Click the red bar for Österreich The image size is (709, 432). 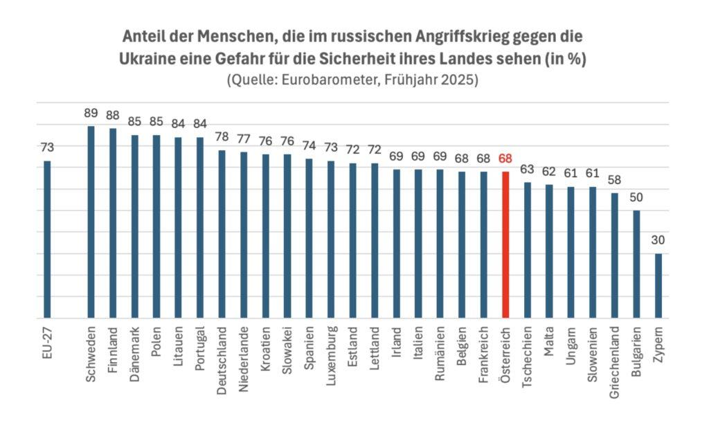coord(505,245)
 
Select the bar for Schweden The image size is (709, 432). coord(91,222)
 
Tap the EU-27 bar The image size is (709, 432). coord(47,240)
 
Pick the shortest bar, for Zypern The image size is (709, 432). coord(658,286)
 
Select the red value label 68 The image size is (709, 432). coord(505,158)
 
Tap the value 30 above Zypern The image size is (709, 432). coord(658,240)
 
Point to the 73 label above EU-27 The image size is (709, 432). coord(47,147)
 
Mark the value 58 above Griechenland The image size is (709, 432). coord(614,180)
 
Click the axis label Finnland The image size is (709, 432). coord(113,344)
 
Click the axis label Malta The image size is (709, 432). coord(549,338)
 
